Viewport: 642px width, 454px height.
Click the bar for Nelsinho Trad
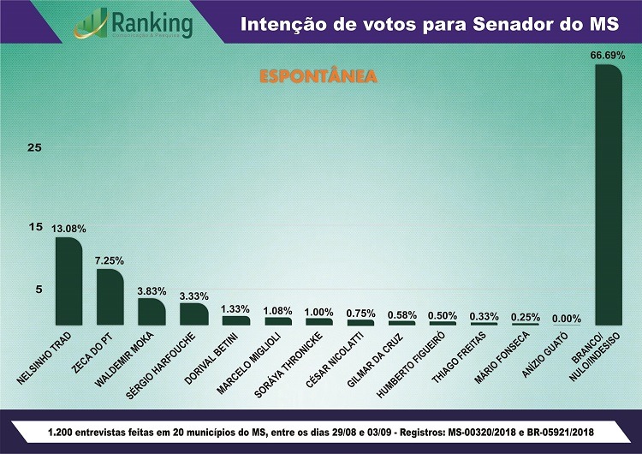68,281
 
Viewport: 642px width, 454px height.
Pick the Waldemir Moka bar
152,312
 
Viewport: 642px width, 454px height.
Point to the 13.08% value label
68,230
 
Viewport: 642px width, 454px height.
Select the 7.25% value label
110,260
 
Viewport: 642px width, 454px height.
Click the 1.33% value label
235,308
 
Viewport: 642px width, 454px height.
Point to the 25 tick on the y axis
34,147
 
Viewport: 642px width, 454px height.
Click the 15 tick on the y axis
34,227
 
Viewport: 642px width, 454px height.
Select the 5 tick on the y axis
38,290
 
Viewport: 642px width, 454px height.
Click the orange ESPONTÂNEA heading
318,76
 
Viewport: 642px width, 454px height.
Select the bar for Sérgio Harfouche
193,314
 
